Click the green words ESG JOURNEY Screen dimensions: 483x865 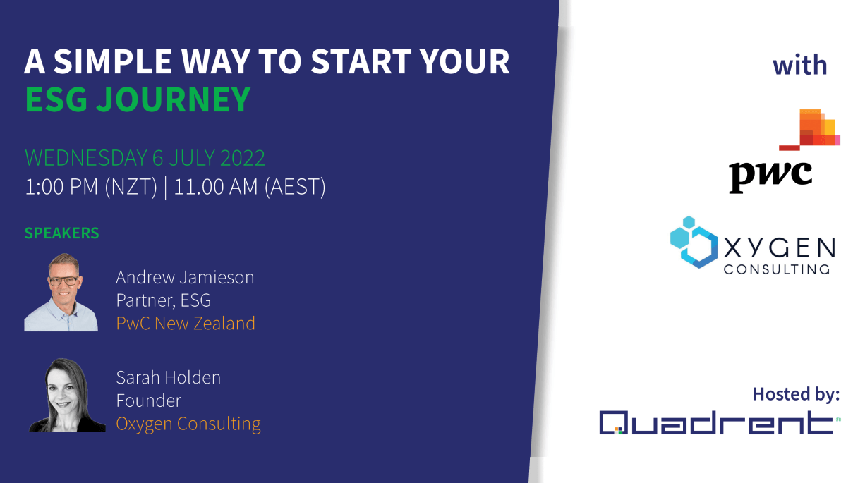point(138,100)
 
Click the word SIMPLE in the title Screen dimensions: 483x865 point(116,62)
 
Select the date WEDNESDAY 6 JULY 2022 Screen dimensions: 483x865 point(145,157)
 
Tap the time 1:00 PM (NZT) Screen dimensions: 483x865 point(90,188)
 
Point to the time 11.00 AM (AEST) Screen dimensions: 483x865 point(250,188)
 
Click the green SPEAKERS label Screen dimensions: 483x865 point(61,233)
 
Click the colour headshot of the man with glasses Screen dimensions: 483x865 point(61,292)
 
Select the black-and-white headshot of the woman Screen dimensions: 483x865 point(67,395)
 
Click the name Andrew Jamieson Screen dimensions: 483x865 point(185,277)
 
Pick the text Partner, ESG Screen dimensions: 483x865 point(163,300)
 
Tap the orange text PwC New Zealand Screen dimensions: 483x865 point(185,324)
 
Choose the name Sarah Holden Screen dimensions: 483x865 point(168,377)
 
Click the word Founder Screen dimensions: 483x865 point(148,401)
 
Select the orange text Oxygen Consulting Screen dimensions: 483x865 point(188,424)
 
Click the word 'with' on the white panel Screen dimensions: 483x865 point(799,66)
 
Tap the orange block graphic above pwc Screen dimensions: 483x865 point(815,129)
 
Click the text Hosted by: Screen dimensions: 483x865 point(796,393)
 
